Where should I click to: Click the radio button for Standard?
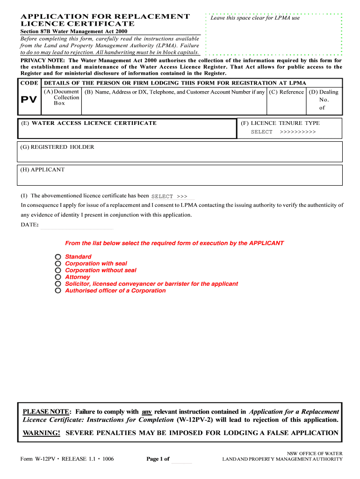point(58,257)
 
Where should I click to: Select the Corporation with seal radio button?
point(58,264)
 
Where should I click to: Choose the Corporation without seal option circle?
point(58,270)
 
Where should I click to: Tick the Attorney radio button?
point(58,277)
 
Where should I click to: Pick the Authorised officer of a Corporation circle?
point(58,291)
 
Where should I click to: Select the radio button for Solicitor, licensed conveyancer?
point(58,284)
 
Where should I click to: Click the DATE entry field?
point(77,225)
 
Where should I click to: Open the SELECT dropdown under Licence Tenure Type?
point(283,132)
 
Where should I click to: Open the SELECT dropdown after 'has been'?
point(170,196)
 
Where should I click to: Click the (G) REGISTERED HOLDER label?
point(57,147)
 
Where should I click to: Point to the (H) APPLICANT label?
point(43,170)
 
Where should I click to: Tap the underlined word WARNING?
point(42,433)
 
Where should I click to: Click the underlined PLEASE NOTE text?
point(46,412)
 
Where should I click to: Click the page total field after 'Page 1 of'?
point(182,459)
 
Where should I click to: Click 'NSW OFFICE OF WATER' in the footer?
point(314,454)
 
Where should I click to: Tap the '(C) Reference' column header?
point(286,92)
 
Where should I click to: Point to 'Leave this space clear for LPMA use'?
point(255,18)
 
